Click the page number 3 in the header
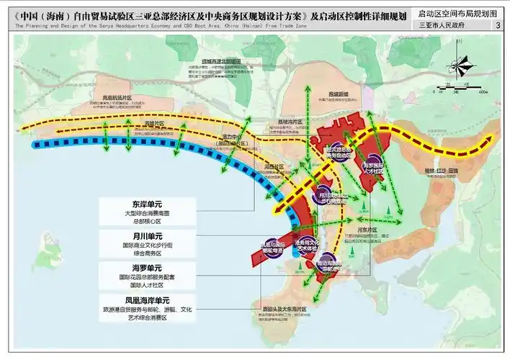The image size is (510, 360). pyautogui.click(x=498, y=27)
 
